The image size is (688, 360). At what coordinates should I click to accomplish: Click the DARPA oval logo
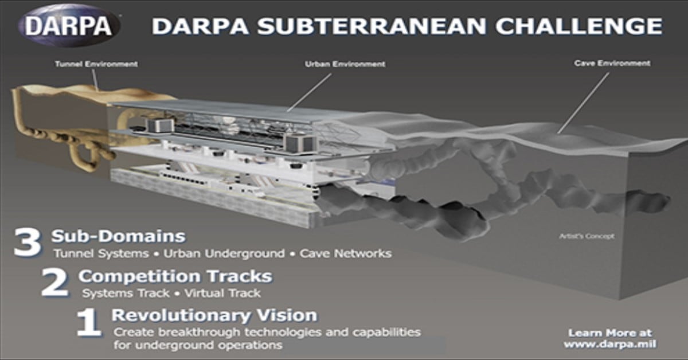pyautogui.click(x=69, y=26)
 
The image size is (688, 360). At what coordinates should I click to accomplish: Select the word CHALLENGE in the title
pyautogui.click(x=579, y=26)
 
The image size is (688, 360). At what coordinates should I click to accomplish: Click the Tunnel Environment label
pyautogui.click(x=96, y=64)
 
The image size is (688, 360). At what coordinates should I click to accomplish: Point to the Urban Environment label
pyautogui.click(x=345, y=64)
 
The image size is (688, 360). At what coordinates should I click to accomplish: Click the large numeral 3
pyautogui.click(x=28, y=242)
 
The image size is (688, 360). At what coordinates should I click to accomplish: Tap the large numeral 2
pyautogui.click(x=55, y=283)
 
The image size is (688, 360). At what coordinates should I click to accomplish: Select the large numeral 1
pyautogui.click(x=89, y=323)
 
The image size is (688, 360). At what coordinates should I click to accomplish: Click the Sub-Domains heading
pyautogui.click(x=119, y=236)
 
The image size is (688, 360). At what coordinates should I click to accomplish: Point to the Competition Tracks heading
pyautogui.click(x=175, y=276)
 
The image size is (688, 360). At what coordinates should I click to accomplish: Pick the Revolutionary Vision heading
pyautogui.click(x=214, y=315)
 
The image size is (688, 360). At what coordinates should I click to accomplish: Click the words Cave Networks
pyautogui.click(x=346, y=254)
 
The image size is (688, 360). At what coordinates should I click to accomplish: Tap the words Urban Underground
pyautogui.click(x=224, y=254)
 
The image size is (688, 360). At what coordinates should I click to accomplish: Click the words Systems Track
pyautogui.click(x=126, y=293)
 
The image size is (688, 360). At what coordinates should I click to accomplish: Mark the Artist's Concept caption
pyautogui.click(x=587, y=236)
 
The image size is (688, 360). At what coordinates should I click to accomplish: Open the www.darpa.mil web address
pyautogui.click(x=610, y=345)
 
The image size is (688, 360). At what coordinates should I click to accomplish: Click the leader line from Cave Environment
pyautogui.click(x=584, y=103)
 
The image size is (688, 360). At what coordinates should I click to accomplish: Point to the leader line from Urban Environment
pyautogui.click(x=309, y=92)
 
